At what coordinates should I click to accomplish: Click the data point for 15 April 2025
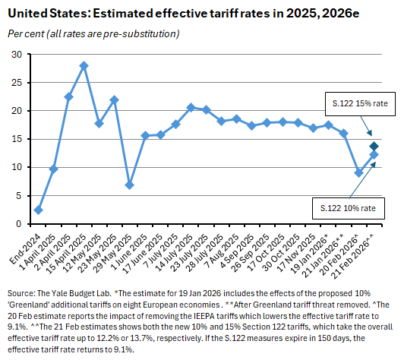[84, 65]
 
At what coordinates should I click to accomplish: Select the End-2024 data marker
[38, 210]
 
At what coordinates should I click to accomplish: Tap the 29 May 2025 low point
[130, 185]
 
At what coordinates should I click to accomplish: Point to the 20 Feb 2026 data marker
[358, 172]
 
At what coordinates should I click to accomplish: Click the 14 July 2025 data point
[191, 107]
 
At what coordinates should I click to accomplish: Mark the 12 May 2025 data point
[99, 123]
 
